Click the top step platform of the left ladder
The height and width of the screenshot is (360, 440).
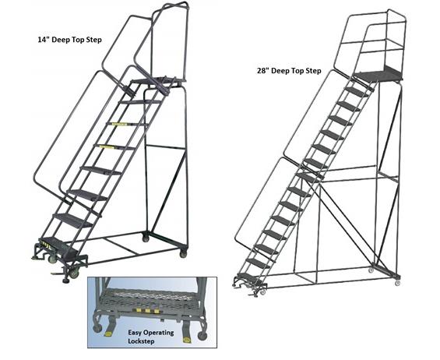157,80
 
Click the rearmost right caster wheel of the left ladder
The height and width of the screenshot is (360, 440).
184,253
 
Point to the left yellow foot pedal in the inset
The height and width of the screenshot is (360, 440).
107,333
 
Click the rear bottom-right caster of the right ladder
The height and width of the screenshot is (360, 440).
397,274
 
